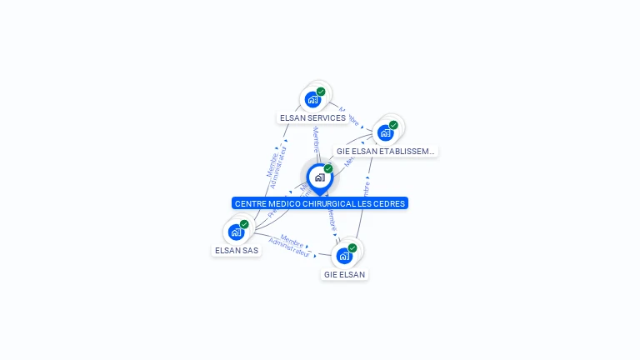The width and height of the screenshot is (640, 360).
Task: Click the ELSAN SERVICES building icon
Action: pyautogui.click(x=312, y=99)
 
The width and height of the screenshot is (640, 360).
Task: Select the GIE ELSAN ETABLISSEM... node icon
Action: pyautogui.click(x=385, y=132)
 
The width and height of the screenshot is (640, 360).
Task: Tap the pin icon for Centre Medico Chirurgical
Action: pyautogui.click(x=319, y=177)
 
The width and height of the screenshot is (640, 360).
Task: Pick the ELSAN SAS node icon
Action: pyautogui.click(x=236, y=232)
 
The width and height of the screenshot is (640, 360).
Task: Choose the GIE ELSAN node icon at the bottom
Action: pyautogui.click(x=343, y=255)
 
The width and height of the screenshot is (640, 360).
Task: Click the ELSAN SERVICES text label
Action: pyautogui.click(x=312, y=118)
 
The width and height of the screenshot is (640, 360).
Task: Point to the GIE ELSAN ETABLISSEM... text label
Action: pyautogui.click(x=385, y=152)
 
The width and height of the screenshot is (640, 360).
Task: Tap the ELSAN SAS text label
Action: pyautogui.click(x=237, y=250)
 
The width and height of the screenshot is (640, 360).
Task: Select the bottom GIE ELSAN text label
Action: pyautogui.click(x=344, y=274)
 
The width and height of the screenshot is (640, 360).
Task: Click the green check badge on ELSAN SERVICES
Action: pyautogui.click(x=321, y=92)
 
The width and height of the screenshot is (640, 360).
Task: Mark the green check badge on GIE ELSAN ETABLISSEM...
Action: pyautogui.click(x=393, y=125)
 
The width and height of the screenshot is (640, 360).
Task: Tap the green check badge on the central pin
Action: pyautogui.click(x=328, y=169)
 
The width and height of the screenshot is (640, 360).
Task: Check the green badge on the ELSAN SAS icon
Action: pyautogui.click(x=244, y=224)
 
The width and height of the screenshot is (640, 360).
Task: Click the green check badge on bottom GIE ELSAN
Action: pyautogui.click(x=352, y=248)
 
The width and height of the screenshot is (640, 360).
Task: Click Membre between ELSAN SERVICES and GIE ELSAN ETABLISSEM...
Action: pyautogui.click(x=349, y=115)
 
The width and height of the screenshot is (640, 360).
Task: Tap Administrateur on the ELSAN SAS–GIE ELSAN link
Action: pyautogui.click(x=289, y=251)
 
